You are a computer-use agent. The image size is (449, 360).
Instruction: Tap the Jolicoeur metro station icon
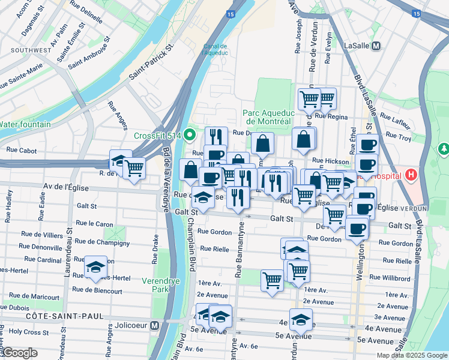click(x=154, y=326)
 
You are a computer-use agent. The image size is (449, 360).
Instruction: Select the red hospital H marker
click(x=411, y=175)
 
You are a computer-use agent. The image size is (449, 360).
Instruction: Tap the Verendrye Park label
click(x=160, y=284)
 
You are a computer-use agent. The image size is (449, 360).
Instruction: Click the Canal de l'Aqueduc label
click(x=214, y=49)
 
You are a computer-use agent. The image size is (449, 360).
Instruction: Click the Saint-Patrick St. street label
click(x=151, y=62)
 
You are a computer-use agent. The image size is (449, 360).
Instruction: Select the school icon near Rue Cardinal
click(x=95, y=267)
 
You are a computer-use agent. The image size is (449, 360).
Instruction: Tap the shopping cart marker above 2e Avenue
click(x=272, y=280)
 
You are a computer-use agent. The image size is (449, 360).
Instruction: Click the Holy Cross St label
click(x=28, y=331)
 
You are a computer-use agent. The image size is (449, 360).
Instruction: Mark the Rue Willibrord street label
click(x=390, y=277)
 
